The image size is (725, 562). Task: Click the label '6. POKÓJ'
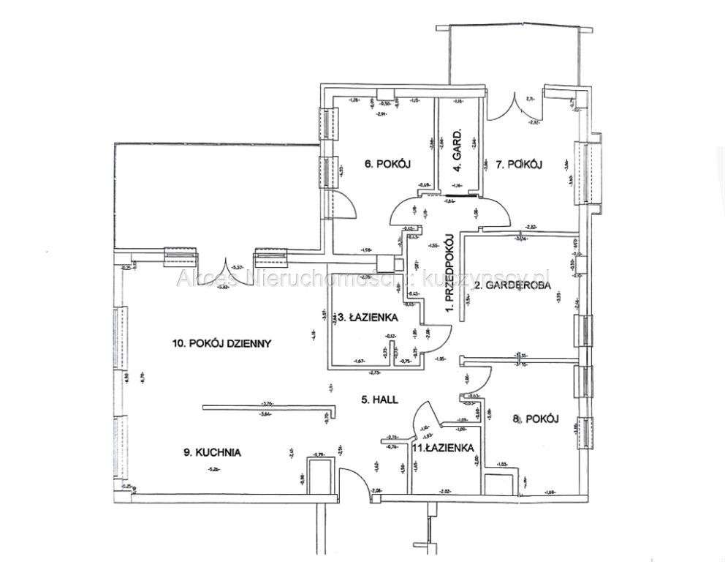pos(384,164)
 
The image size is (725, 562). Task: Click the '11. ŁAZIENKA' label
pos(441,448)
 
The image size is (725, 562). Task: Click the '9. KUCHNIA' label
pos(213,453)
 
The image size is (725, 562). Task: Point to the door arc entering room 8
pos(477,379)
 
